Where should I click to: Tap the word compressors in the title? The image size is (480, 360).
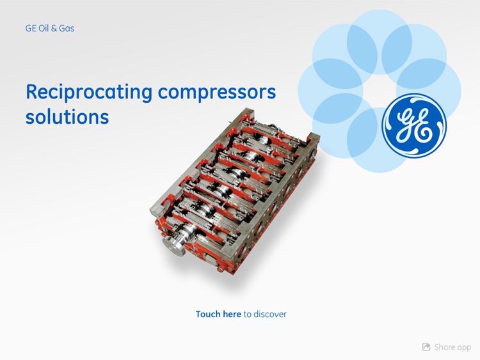coord(217,92)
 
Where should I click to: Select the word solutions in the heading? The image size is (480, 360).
coord(67,117)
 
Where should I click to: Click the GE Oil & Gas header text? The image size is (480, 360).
coord(50,28)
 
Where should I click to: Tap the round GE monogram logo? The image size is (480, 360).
coord(414,126)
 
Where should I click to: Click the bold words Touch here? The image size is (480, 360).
coord(218,314)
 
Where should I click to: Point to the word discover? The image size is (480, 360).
coord(270,314)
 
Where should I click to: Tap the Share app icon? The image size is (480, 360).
coord(426,347)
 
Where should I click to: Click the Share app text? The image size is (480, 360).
coord(452,347)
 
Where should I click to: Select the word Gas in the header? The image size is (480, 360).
coord(67,28)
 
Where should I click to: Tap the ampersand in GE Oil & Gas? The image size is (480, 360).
coord(56,28)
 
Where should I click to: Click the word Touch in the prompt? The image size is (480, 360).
coord(208,314)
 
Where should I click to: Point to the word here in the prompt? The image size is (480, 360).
coord(232,314)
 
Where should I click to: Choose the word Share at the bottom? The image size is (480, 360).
coord(445,347)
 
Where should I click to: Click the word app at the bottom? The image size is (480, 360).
coord(464,347)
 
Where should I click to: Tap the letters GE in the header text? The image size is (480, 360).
coord(31,28)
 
